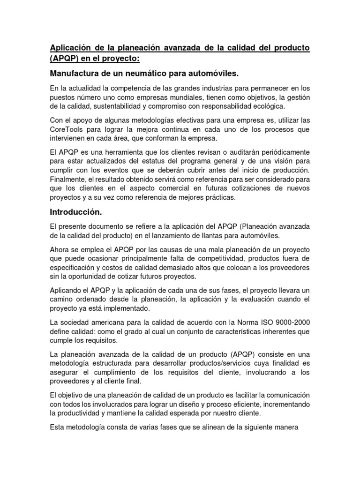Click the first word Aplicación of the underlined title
coord(70,48)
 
